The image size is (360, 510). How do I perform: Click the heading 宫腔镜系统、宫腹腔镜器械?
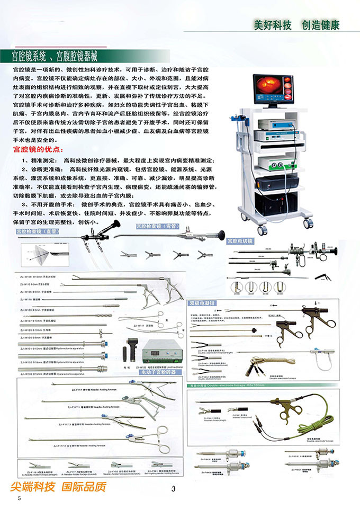[x=58, y=55]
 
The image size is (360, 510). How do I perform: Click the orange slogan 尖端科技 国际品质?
[x=58, y=487]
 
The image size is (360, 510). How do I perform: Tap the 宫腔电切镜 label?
[x=240, y=241]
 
